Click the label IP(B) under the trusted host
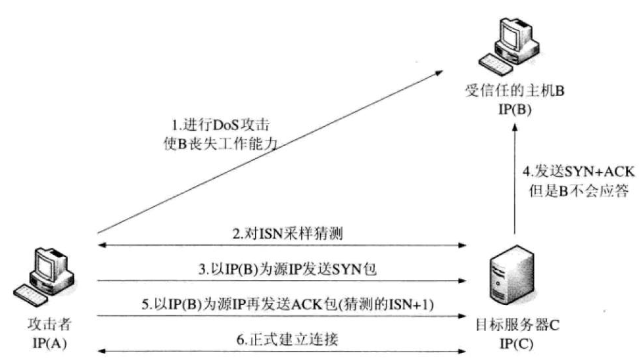click(x=515, y=110)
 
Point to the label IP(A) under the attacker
click(x=49, y=343)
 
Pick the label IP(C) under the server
click(x=516, y=344)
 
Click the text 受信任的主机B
click(x=515, y=90)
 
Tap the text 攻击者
click(x=49, y=324)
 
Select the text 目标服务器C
click(x=517, y=325)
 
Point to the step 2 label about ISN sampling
click(x=287, y=234)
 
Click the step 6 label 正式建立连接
click(x=287, y=340)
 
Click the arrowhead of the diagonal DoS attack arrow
click(x=439, y=74)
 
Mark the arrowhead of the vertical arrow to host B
click(x=515, y=127)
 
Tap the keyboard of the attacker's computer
click(x=30, y=295)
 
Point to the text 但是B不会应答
click(x=579, y=191)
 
